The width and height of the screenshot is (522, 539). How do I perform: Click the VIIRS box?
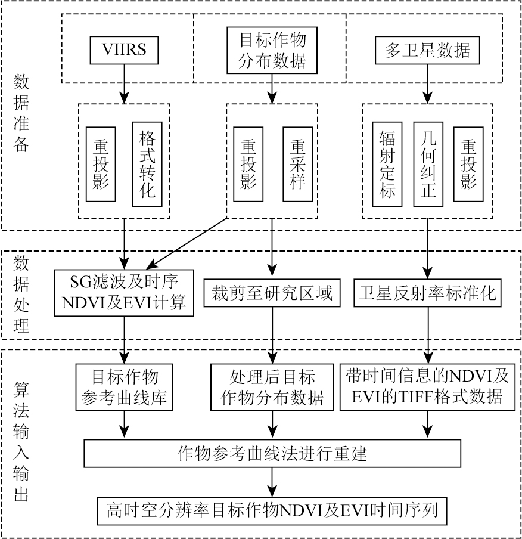click(125, 51)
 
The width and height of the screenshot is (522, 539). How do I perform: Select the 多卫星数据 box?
click(427, 51)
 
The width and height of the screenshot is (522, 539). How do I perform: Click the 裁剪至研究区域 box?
click(272, 293)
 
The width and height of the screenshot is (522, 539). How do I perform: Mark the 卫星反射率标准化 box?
click(427, 293)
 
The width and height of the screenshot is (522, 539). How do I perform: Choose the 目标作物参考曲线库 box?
click(125, 387)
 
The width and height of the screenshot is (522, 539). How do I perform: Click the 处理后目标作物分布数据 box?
click(272, 387)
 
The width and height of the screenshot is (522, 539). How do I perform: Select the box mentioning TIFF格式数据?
click(427, 387)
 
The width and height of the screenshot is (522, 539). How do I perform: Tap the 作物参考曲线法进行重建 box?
click(272, 454)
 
